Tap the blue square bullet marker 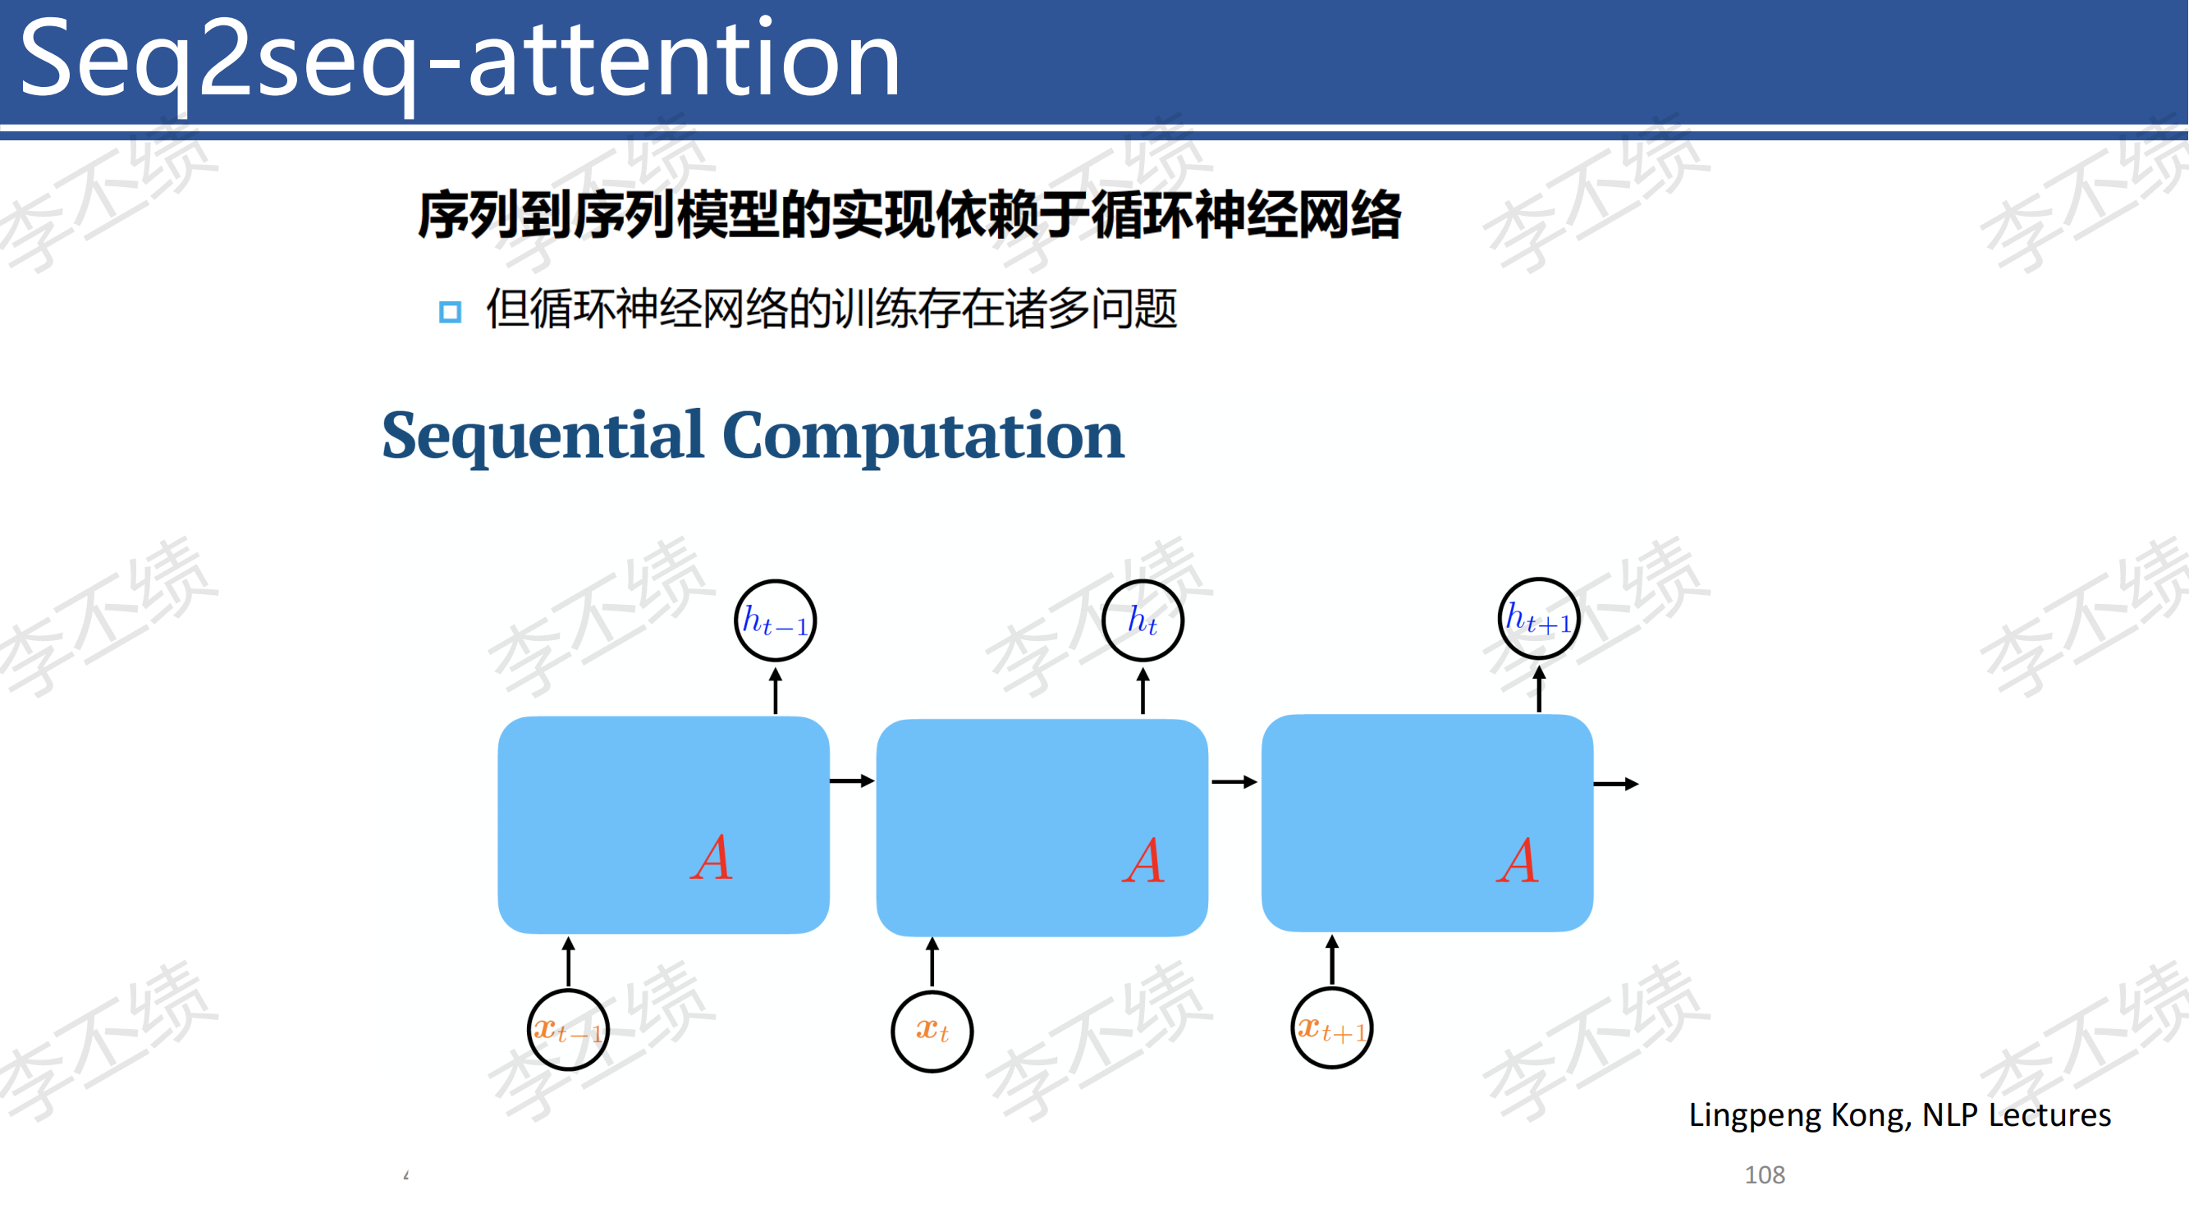450,312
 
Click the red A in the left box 712,858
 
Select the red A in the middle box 1144,861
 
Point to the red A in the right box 1518,861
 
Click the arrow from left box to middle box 852,780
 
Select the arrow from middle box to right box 1234,781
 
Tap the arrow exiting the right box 1616,783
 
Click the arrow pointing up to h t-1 775,690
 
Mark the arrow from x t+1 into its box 1331,959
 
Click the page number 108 1765,1175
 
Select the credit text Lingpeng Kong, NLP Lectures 1899,1115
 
